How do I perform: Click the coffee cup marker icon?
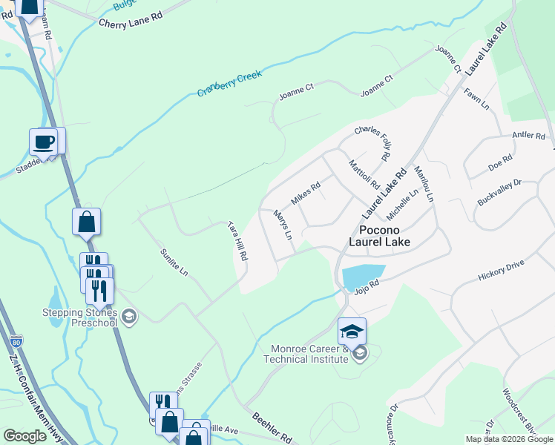click(x=43, y=141)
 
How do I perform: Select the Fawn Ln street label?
click(x=476, y=99)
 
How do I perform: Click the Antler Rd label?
click(x=528, y=136)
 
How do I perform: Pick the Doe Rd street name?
click(x=500, y=162)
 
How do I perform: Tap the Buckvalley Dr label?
click(x=500, y=192)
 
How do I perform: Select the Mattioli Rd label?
click(x=364, y=175)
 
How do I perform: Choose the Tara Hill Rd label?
click(x=237, y=241)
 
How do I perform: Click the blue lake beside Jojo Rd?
click(x=363, y=276)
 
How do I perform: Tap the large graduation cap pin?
click(x=352, y=330)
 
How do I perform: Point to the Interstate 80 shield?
click(x=17, y=343)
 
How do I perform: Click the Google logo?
click(x=25, y=436)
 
